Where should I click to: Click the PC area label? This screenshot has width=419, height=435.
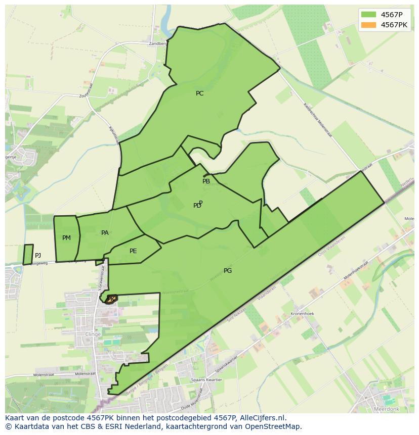coord(199,93)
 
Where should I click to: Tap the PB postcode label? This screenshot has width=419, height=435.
coord(206,181)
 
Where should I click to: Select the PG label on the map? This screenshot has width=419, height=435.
coord(228,271)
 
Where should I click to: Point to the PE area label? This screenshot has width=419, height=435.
coord(133,251)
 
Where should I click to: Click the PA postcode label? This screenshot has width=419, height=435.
coord(105,233)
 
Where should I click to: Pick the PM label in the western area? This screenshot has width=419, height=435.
coord(66,238)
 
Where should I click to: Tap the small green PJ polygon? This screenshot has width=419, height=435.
coord(28,254)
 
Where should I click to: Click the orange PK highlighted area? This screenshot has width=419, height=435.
coord(112,299)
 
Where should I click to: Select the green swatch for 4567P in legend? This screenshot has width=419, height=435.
coord(369,14)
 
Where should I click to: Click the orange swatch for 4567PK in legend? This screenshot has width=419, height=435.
coord(369,25)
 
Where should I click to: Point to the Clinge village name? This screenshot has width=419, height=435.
coord(93,334)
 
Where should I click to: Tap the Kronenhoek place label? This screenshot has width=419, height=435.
coord(302,314)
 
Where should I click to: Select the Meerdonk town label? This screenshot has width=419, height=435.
coord(386,408)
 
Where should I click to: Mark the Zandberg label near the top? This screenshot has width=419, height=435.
coord(157,43)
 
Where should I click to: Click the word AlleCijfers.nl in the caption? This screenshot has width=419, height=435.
coord(261,418)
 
